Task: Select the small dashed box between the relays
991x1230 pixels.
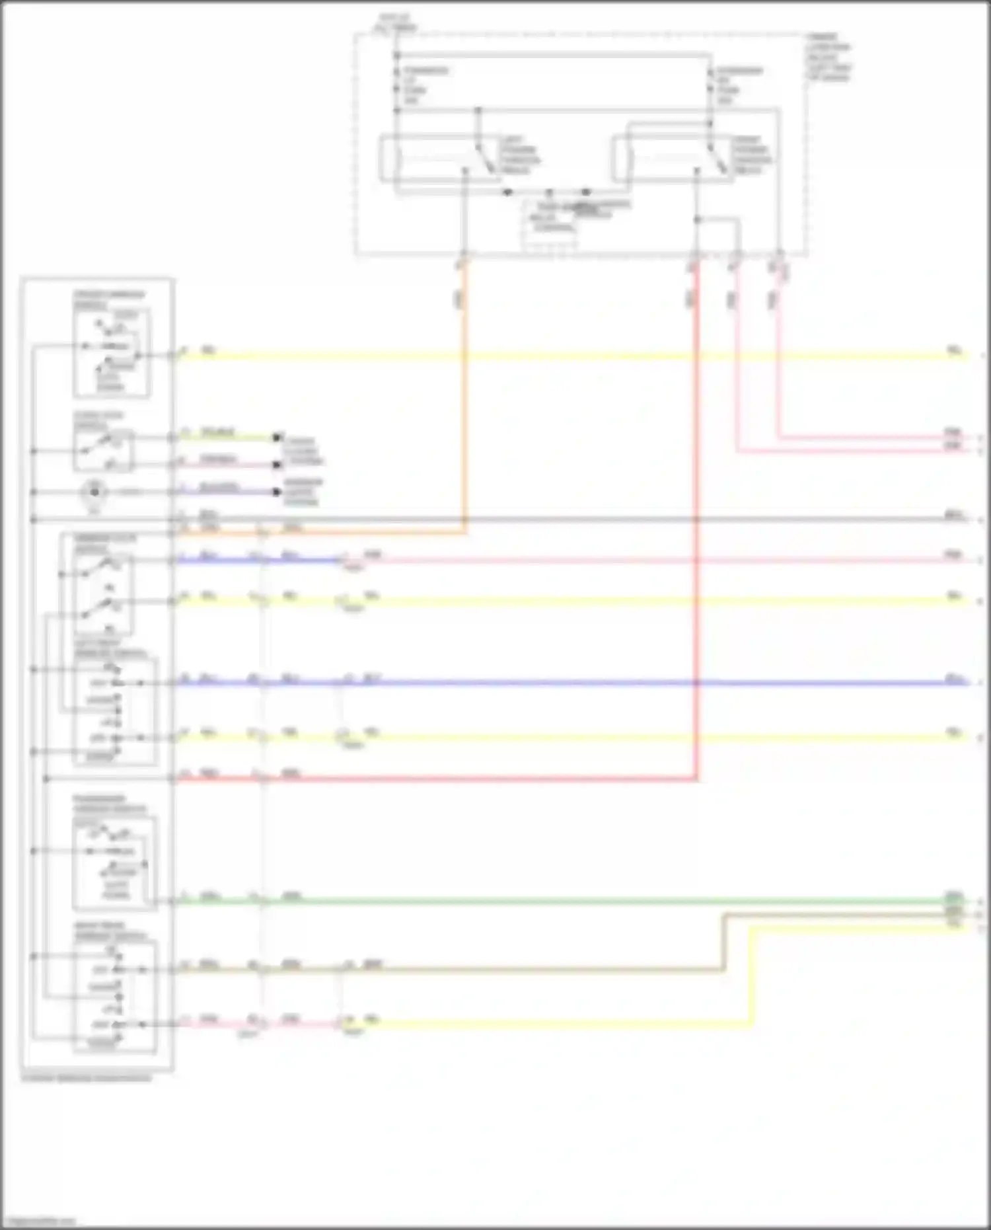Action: pos(550,226)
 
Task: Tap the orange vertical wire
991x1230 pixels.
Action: pos(464,397)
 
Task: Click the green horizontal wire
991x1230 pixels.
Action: pos(562,901)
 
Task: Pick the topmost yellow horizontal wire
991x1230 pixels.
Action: pos(562,356)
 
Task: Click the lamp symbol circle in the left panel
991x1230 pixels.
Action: pos(94,492)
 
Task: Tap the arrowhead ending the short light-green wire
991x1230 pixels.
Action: pos(278,438)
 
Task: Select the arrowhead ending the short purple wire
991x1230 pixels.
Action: pos(278,492)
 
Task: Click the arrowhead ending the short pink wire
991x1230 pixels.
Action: pos(278,465)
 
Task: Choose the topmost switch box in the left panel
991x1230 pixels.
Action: pos(112,353)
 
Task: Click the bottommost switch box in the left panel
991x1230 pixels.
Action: pos(115,998)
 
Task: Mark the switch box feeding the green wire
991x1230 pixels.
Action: pos(114,865)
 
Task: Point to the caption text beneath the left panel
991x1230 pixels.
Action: pos(87,1078)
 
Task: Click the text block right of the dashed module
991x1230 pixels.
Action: pos(828,58)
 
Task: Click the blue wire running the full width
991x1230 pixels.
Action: pos(562,682)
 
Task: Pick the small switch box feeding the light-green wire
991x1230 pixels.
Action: pos(104,451)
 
